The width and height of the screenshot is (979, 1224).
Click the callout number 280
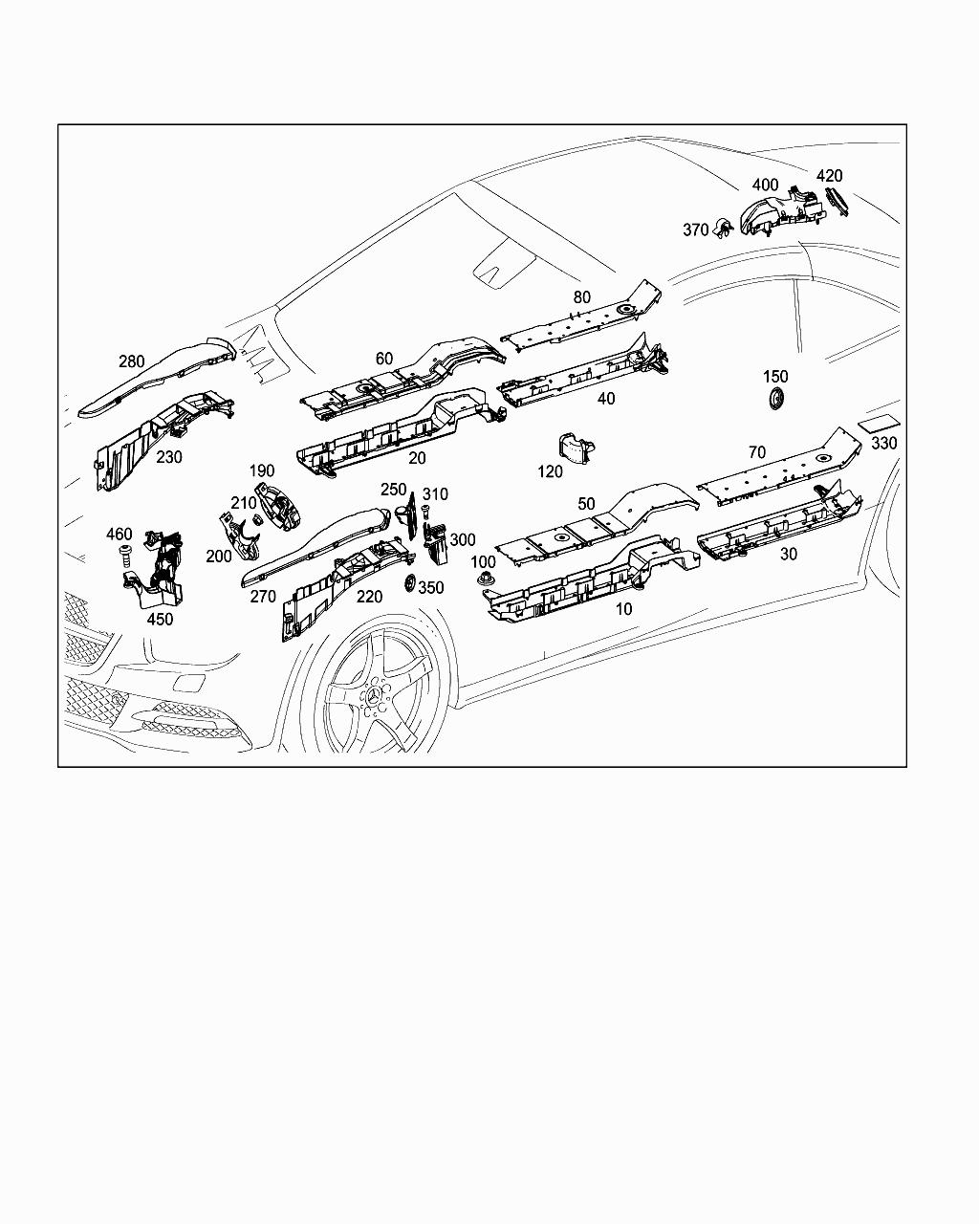131,361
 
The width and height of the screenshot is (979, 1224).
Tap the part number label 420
830,176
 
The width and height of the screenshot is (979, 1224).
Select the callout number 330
884,443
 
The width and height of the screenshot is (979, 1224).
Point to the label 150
775,377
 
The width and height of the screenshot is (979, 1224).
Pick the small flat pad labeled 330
879,424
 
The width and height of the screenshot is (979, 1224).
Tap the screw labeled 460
125,556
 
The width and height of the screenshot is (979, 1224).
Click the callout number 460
120,535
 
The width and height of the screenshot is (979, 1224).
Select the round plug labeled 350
409,582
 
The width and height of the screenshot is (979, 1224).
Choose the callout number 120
550,471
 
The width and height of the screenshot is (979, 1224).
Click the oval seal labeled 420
837,201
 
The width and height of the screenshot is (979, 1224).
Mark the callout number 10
624,609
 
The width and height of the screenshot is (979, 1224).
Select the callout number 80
582,296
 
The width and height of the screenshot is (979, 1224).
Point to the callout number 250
394,490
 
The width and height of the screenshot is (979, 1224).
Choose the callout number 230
169,457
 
